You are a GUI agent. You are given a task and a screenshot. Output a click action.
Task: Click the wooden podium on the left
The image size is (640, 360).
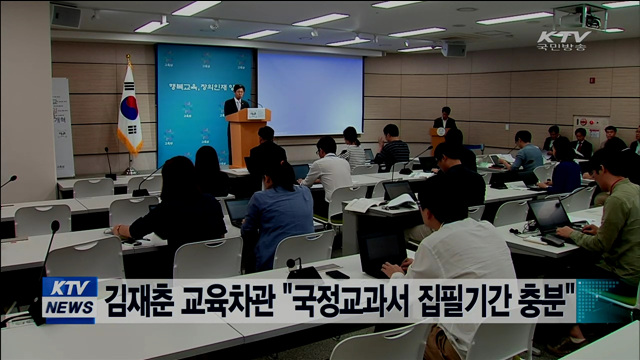[x=248, y=135]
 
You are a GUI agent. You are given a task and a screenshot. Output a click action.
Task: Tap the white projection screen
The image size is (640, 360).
[x=310, y=93]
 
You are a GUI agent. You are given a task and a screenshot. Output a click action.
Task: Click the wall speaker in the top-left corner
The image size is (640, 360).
[x=66, y=15]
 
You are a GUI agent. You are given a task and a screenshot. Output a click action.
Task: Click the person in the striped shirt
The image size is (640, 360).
[x=354, y=150]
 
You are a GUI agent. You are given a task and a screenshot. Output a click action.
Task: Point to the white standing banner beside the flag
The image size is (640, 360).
[x=63, y=127]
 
